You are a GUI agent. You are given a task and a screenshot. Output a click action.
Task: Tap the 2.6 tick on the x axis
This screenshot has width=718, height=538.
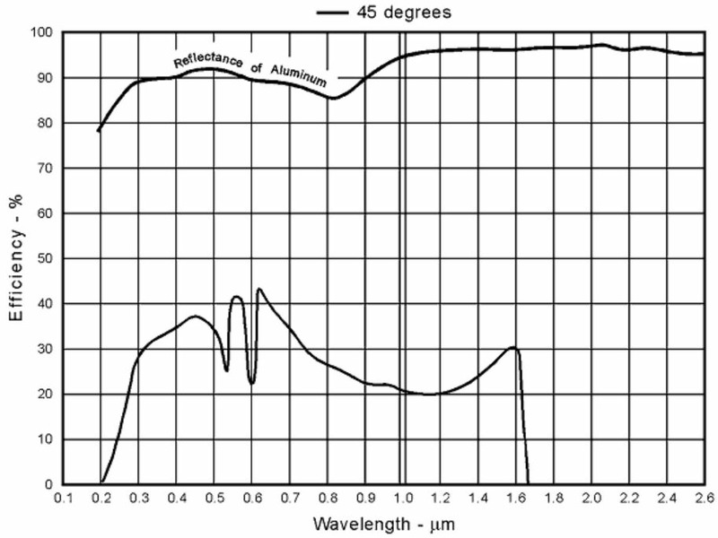[x=703, y=497]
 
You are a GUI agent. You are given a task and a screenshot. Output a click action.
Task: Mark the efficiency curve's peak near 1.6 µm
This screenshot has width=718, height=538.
[x=513, y=347]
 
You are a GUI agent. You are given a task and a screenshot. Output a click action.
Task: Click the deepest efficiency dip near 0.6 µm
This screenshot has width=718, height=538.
[x=252, y=384]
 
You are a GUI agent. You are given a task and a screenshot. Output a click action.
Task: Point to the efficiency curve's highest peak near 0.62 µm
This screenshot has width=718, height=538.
[x=259, y=289]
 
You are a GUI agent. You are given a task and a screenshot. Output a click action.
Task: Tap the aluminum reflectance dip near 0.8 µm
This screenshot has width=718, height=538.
[x=333, y=99]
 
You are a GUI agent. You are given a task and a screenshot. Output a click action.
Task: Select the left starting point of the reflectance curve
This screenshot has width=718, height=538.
[x=98, y=131]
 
